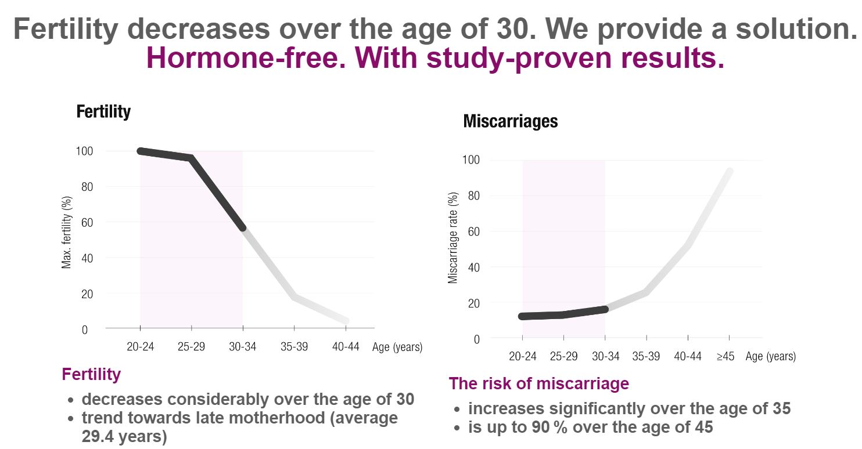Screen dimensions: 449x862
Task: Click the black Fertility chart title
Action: click(103, 111)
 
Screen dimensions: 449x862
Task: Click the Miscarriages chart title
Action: click(510, 121)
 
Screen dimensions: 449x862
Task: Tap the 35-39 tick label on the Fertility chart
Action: click(294, 347)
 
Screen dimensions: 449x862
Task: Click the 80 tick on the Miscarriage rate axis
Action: click(474, 196)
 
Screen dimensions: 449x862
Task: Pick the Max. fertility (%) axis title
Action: click(67, 233)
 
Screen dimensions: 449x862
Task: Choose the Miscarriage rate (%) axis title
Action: click(454, 237)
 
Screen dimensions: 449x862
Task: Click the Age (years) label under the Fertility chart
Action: click(397, 347)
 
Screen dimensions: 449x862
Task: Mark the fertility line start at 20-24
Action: click(141, 151)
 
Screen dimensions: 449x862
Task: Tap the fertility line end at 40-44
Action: click(346, 320)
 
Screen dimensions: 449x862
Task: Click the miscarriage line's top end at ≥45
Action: click(730, 171)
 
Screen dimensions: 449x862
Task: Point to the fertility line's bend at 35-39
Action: click(294, 297)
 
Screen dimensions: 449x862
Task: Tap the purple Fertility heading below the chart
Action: click(91, 374)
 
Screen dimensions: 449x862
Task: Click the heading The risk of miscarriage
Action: click(538, 383)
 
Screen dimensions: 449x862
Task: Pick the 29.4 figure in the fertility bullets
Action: click(100, 437)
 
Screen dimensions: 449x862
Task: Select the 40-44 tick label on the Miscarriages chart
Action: click(688, 356)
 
